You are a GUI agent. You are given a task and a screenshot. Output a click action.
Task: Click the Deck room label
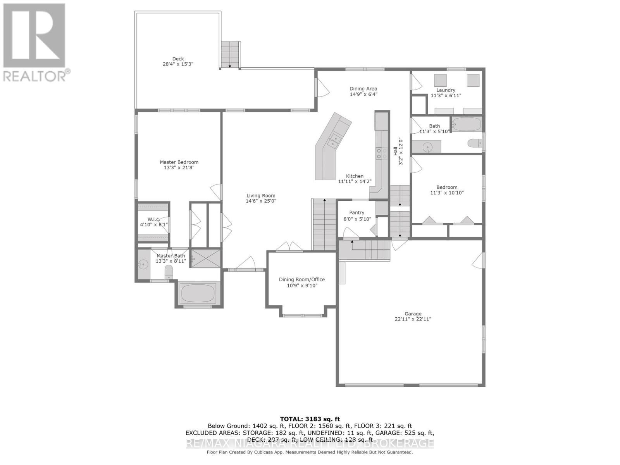[x=178, y=59]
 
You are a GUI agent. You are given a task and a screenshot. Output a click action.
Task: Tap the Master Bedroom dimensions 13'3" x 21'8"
[x=179, y=168]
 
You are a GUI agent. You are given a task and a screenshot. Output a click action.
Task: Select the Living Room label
[x=261, y=196]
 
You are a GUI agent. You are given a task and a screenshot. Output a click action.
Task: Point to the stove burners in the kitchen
[x=382, y=153]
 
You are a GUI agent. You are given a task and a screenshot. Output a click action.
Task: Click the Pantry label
[x=356, y=212]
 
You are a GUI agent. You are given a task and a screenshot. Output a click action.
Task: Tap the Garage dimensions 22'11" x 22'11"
[x=413, y=319]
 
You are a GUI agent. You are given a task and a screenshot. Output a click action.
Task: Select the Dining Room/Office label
[x=302, y=279]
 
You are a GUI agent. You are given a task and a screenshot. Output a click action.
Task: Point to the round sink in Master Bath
[x=143, y=265]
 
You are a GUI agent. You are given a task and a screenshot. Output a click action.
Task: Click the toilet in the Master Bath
[x=169, y=272]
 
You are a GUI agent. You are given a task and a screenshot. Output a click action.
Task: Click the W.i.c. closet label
[x=153, y=219]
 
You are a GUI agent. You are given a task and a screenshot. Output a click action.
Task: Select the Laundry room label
[x=446, y=90]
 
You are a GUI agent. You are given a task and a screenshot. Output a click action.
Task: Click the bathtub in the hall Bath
[x=467, y=124]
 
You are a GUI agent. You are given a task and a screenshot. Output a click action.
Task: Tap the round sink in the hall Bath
[x=427, y=147]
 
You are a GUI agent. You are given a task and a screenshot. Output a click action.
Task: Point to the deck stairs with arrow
[x=230, y=55]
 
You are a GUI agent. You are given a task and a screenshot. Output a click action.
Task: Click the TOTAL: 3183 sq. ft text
[x=310, y=419]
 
